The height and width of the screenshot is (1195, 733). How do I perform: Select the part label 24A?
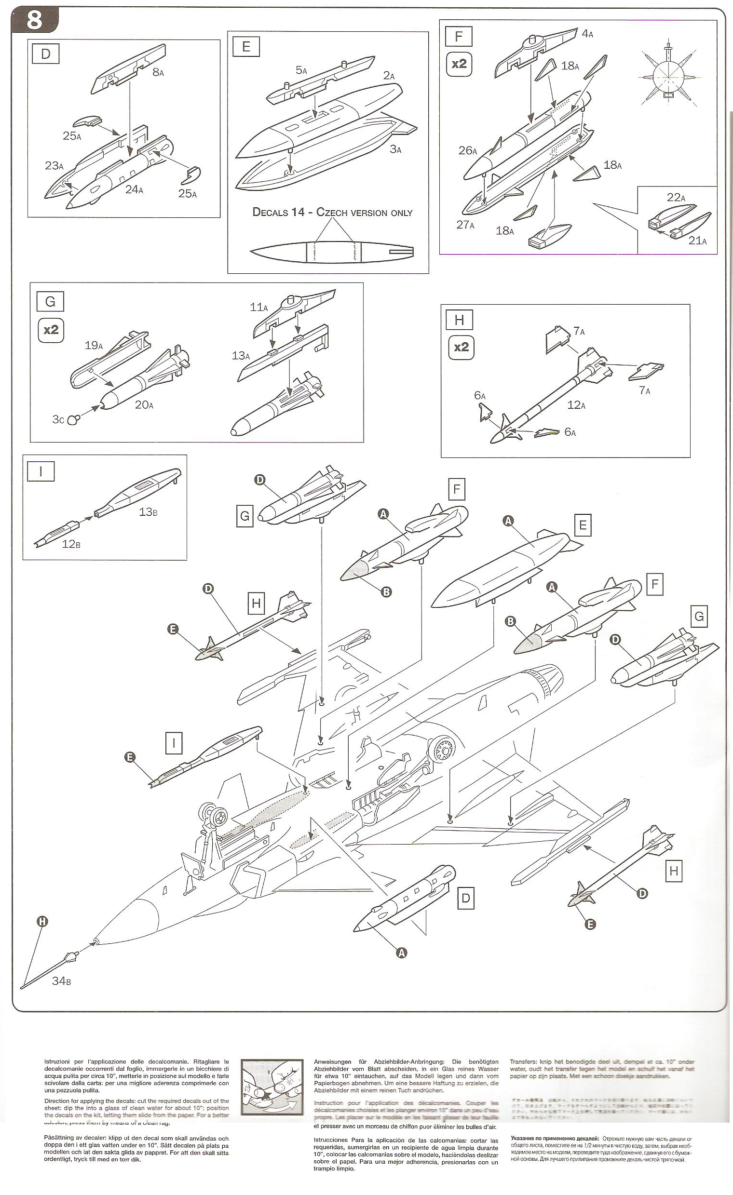(134, 189)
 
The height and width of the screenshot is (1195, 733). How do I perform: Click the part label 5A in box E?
(301, 70)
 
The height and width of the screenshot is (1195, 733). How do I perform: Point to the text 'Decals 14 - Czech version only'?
(333, 213)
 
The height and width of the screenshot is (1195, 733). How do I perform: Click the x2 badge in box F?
(459, 63)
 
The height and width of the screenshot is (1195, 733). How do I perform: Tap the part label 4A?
(587, 33)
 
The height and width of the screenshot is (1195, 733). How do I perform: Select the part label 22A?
(676, 198)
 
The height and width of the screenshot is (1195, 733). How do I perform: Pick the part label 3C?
(58, 419)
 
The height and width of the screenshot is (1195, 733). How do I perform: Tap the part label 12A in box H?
(576, 404)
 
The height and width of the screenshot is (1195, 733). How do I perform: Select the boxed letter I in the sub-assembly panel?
(41, 472)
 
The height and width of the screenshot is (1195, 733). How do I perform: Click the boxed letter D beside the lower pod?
(465, 897)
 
